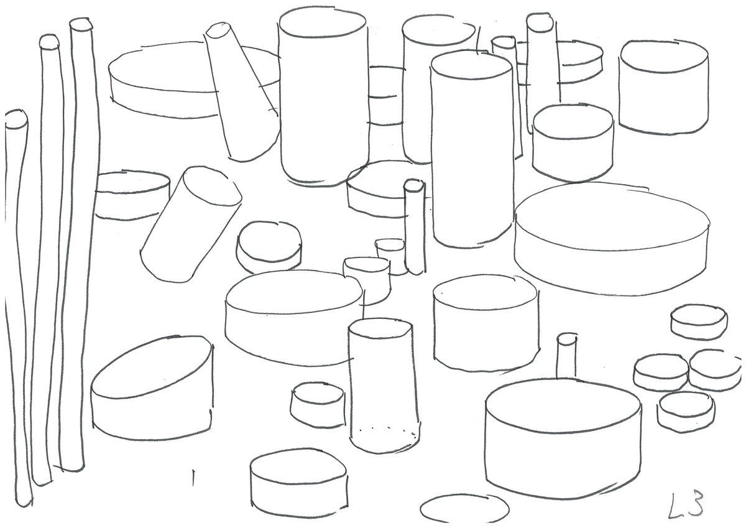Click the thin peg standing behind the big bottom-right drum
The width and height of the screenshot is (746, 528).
pyautogui.click(x=566, y=356)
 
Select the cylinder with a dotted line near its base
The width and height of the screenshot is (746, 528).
pyautogui.click(x=383, y=386)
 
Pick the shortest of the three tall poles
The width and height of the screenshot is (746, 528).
pyautogui.click(x=17, y=307)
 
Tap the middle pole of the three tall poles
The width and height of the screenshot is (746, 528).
pyautogui.click(x=47, y=260)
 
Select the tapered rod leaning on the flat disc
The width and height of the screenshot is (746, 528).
pyautogui.click(x=241, y=91)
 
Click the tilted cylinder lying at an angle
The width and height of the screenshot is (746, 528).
pyautogui.click(x=190, y=225)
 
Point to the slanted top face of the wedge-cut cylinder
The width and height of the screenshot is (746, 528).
pyautogui.click(x=152, y=366)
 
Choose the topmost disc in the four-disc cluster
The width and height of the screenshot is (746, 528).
pyautogui.click(x=699, y=322)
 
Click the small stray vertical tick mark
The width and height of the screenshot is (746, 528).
pyautogui.click(x=193, y=478)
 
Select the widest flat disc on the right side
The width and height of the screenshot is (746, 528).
pyautogui.click(x=612, y=238)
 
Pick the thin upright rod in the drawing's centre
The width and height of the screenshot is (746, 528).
pyautogui.click(x=415, y=226)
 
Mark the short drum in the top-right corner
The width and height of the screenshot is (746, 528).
pyautogui.click(x=663, y=87)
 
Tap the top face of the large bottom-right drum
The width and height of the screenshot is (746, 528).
pyautogui.click(x=563, y=405)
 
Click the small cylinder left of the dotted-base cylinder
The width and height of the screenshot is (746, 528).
pyautogui.click(x=318, y=405)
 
